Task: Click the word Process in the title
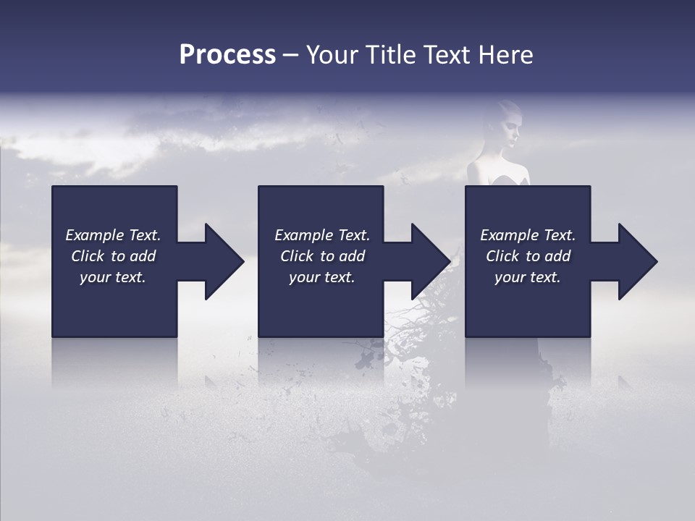227,55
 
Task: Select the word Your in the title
330,55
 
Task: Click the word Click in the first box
88,256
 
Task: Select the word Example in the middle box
298,235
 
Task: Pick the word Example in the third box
504,235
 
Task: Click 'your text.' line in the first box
113,277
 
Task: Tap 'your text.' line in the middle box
321,277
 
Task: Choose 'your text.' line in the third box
528,277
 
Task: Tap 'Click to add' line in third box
528,256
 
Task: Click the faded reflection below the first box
114,362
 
